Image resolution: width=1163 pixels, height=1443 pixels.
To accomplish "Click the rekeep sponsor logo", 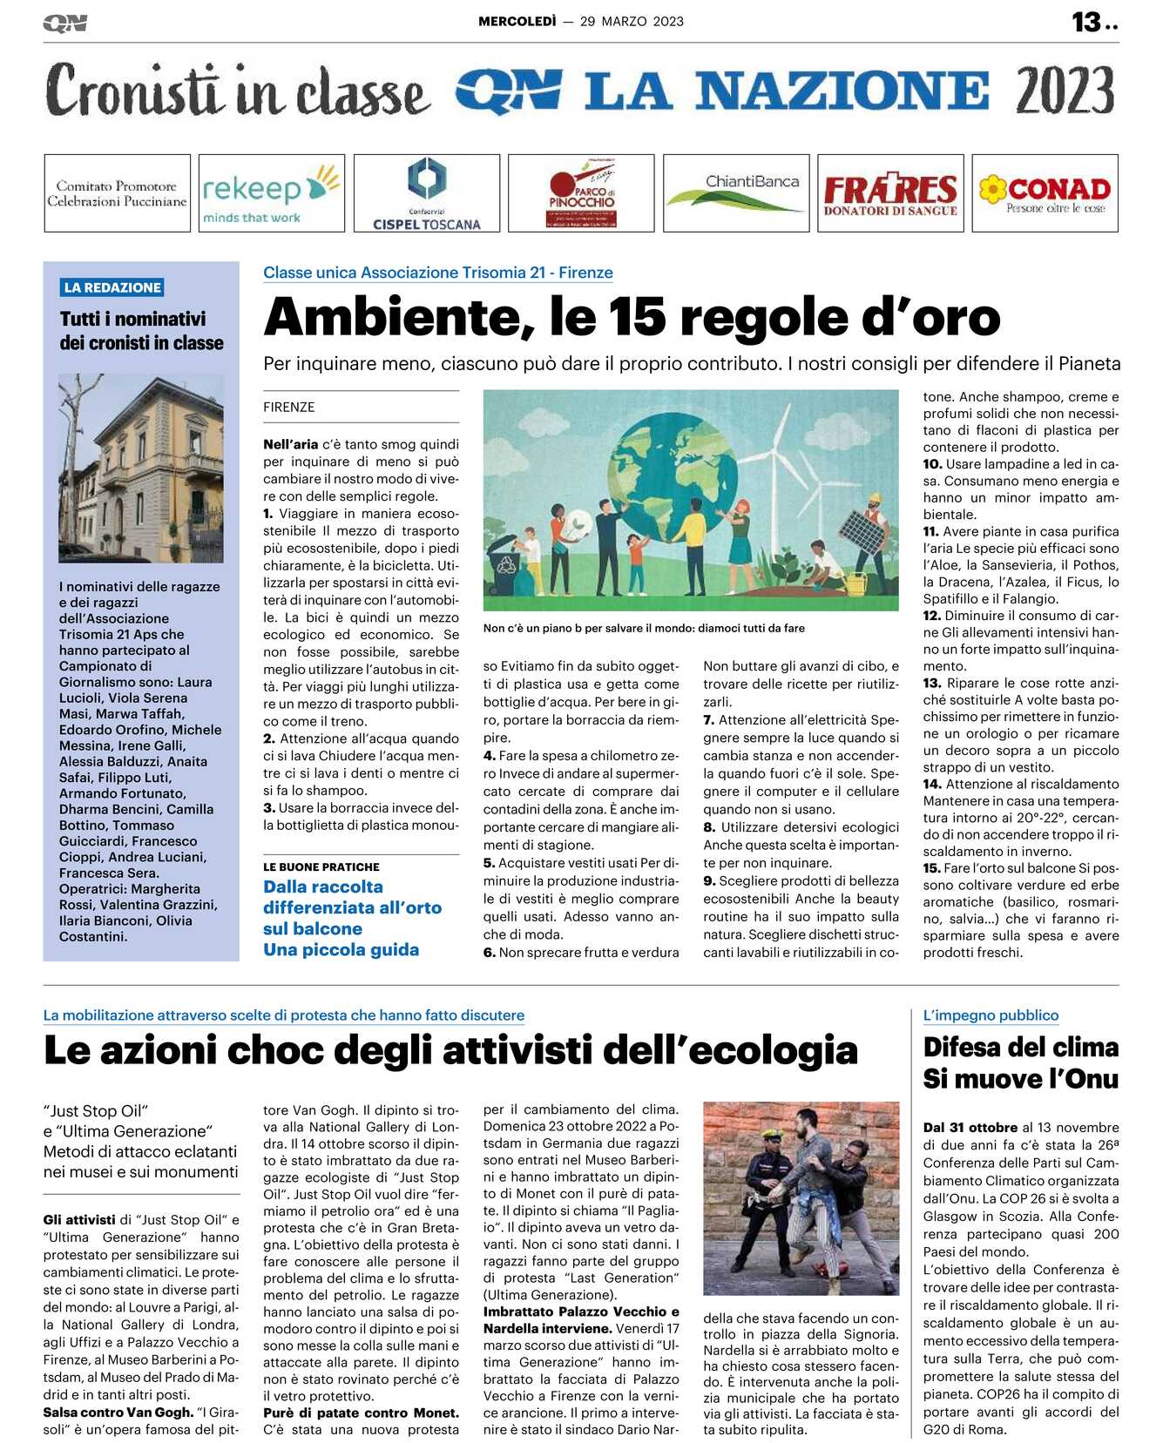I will click(271, 192).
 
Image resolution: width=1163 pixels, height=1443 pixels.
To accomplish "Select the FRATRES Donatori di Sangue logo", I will click(890, 192).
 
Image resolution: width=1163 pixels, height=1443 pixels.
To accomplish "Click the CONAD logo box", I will click(1045, 192).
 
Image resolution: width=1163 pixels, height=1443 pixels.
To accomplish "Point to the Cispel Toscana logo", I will click(427, 192).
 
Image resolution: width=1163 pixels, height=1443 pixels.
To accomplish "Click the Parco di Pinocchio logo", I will click(581, 192).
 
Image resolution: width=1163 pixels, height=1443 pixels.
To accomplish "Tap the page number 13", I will click(1086, 22).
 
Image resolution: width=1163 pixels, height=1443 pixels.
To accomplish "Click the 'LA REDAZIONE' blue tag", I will click(112, 287).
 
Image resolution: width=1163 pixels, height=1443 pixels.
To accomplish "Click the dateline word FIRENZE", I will click(289, 407).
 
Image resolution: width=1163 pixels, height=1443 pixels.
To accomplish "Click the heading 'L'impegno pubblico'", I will click(991, 1015).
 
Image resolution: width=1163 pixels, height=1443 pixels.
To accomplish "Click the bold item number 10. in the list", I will click(932, 464).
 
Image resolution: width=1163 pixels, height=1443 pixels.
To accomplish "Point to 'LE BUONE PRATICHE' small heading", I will click(321, 867).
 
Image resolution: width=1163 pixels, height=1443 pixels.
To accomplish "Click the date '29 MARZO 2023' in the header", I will click(632, 22).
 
